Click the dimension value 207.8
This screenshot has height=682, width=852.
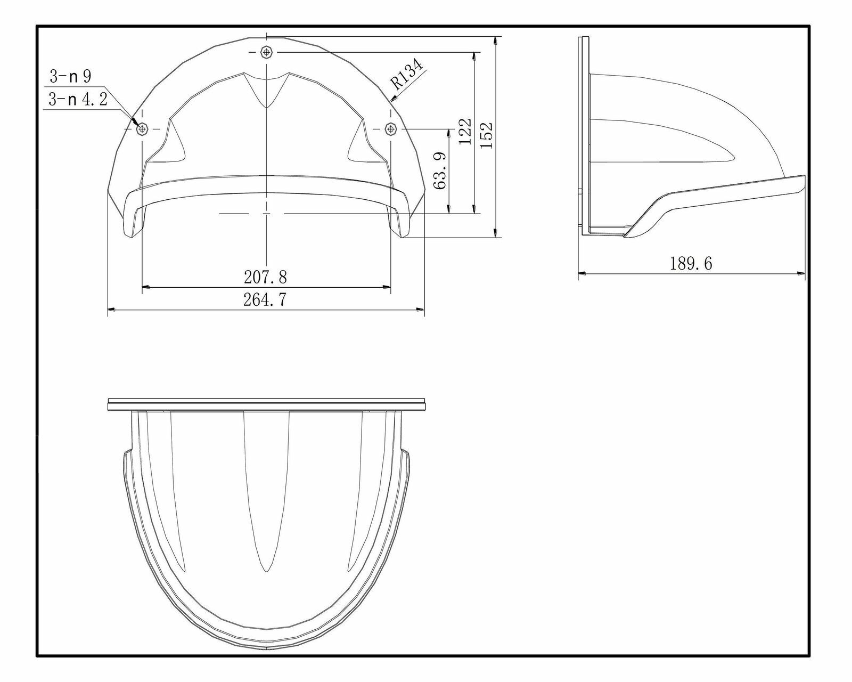click(x=265, y=277)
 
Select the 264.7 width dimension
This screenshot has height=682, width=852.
click(x=265, y=300)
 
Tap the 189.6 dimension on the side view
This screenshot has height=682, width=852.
click(x=691, y=263)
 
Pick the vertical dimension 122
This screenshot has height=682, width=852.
click(x=465, y=132)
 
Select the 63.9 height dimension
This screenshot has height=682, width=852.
click(x=441, y=170)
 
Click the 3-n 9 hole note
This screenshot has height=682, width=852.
click(x=70, y=77)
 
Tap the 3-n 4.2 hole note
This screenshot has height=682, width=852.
click(x=78, y=100)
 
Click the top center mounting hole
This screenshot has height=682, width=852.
click(x=266, y=52)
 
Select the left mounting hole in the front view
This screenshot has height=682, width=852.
click(x=142, y=128)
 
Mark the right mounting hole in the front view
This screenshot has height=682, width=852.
click(x=391, y=128)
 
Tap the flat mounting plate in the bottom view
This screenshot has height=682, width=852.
click(x=266, y=404)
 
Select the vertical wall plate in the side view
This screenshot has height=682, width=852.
click(x=584, y=133)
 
